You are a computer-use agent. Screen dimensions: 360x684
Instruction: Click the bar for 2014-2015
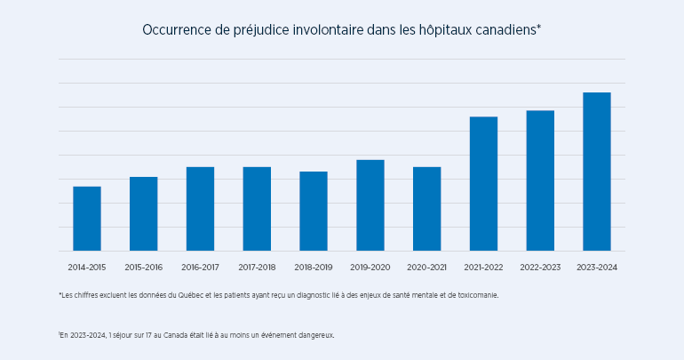(x=87, y=219)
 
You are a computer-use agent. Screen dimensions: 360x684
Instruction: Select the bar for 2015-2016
(x=143, y=214)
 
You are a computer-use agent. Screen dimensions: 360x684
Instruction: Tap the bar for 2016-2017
(x=200, y=209)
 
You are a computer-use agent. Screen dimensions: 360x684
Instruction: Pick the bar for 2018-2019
(x=314, y=212)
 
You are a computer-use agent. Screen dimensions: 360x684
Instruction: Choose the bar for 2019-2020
(x=370, y=205)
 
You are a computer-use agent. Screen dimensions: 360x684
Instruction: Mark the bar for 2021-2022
(x=483, y=184)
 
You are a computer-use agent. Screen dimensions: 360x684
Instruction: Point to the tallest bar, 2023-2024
(x=597, y=172)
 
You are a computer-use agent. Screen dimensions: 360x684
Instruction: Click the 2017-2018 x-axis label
(x=257, y=267)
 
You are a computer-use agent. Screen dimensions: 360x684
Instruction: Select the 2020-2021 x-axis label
(x=426, y=267)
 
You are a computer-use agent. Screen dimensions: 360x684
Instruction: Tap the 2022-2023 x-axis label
(x=540, y=267)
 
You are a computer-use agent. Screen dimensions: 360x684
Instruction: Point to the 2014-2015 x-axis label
(x=87, y=267)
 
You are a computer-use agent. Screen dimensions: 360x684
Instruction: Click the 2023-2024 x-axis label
(x=597, y=267)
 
